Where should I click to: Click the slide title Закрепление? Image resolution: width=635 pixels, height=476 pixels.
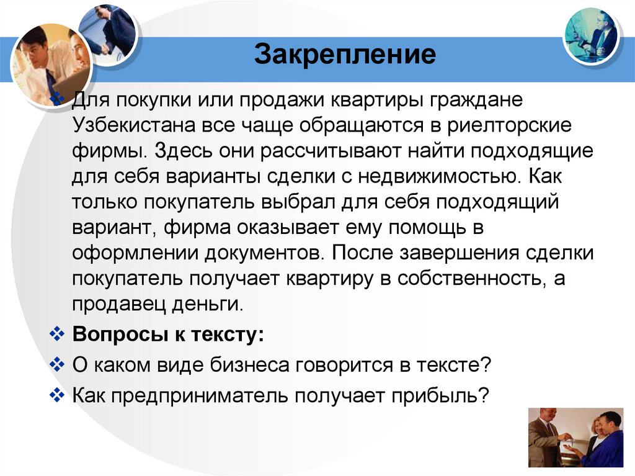coord(346,55)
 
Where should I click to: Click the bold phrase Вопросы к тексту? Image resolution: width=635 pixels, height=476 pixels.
coord(168,335)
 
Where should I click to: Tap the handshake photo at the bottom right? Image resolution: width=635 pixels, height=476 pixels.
coord(575,438)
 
